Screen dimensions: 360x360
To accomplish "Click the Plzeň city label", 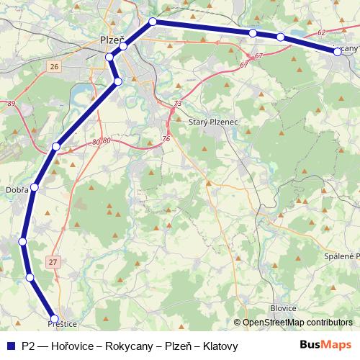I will coord(111,42).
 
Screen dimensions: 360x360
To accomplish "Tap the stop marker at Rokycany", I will coord(337,52).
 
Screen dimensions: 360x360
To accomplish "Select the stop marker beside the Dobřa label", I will coord(34,187).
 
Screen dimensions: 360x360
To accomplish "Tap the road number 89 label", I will coord(11,104).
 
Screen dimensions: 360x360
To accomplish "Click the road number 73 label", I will coord(176,104).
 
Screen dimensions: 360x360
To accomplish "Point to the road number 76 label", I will coord(166,138).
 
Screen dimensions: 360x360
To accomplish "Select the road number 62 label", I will coord(321,32).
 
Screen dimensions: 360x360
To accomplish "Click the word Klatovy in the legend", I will coord(220,346).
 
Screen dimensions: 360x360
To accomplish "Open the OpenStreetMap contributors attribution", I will coord(297,322).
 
